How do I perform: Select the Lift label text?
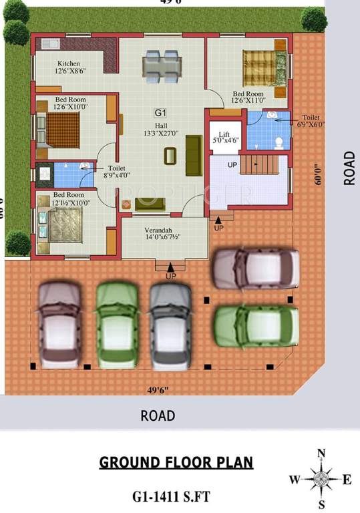click(x=224, y=134)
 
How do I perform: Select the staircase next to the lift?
click(x=262, y=164)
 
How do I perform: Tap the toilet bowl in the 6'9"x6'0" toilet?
click(x=279, y=142)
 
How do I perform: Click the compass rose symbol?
click(x=321, y=478)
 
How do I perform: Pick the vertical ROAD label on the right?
click(x=349, y=167)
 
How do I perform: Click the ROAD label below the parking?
click(x=158, y=415)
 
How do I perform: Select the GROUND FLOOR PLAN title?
click(x=176, y=462)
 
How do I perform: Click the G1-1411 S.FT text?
click(x=176, y=496)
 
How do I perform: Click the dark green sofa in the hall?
click(x=194, y=155)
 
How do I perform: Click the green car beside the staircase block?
click(x=255, y=325)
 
